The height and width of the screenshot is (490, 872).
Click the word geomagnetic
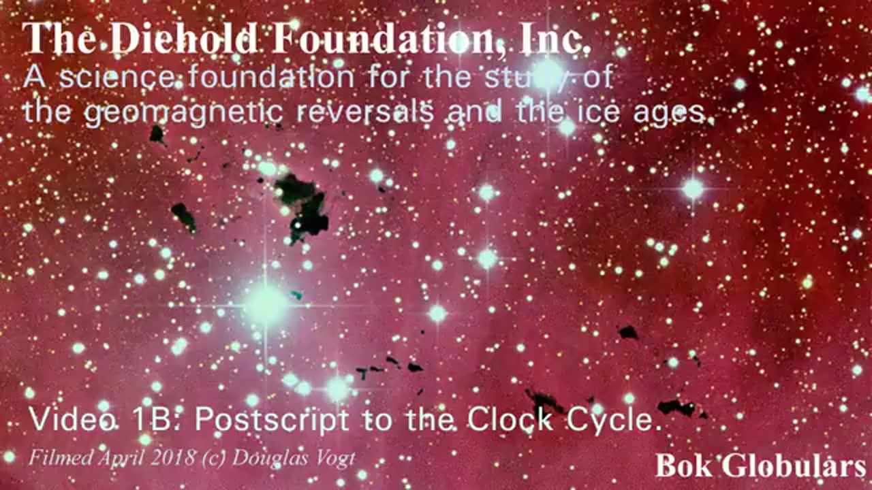click(184, 114)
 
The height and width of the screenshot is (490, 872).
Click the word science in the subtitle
click(116, 78)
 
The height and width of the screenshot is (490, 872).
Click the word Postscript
click(272, 421)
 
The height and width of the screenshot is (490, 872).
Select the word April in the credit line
click(122, 459)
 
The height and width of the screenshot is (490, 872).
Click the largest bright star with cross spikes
click(266, 306)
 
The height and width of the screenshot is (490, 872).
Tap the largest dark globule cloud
click(302, 206)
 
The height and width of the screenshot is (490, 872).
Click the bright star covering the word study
click(547, 74)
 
